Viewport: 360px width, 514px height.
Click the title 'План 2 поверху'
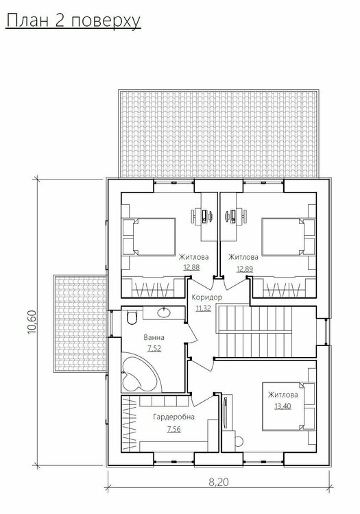73,22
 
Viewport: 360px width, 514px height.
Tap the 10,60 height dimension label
32,322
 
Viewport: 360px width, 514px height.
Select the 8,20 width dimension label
219,482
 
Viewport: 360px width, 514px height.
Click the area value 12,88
191,267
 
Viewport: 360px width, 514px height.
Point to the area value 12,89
245,269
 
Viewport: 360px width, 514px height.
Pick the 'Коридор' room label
207,297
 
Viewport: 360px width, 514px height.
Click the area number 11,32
203,308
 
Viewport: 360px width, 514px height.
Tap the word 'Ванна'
154,337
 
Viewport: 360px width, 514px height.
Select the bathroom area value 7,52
154,348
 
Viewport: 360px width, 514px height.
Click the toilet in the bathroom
132,317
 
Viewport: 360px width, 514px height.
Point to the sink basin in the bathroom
164,313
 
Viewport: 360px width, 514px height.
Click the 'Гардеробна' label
173,417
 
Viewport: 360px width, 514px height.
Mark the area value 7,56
173,429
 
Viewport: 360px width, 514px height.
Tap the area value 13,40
283,406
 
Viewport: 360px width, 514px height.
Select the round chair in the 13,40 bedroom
239,441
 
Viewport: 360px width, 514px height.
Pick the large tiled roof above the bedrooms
219,134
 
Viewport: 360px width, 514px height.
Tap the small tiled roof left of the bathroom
80,324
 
